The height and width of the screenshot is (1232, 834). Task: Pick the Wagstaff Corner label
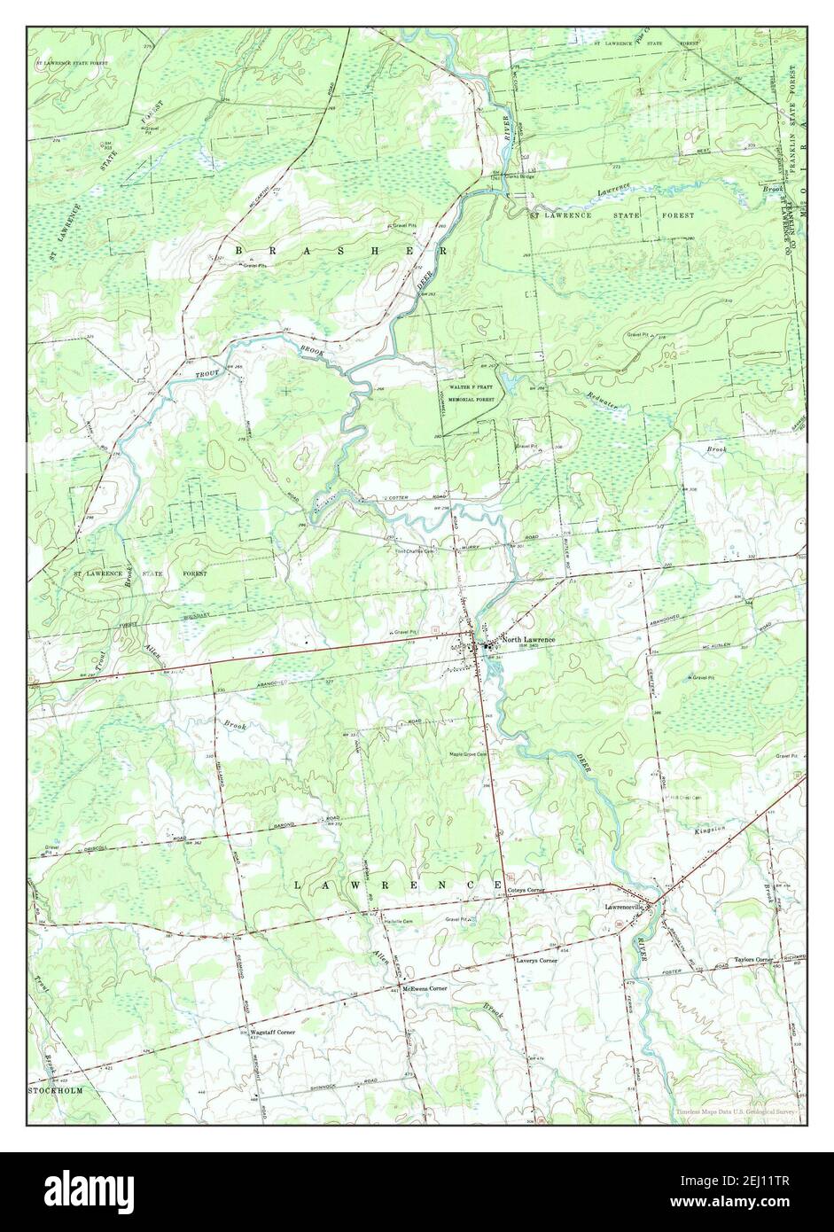[272, 1033]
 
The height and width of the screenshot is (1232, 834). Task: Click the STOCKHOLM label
[56, 1091]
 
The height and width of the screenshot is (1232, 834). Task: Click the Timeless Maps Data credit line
[735, 1111]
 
